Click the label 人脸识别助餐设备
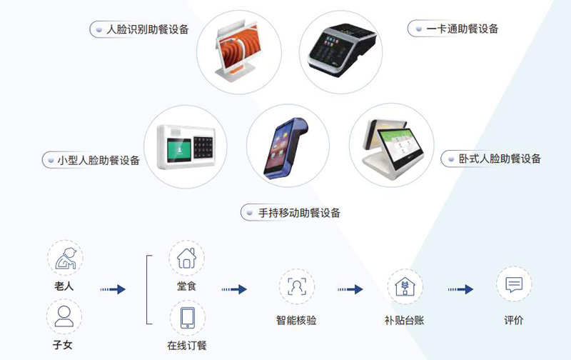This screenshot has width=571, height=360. (x=148, y=29)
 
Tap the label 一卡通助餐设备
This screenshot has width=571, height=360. (x=462, y=29)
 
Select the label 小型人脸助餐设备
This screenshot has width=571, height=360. (x=98, y=160)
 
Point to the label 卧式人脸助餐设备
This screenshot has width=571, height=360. (x=500, y=159)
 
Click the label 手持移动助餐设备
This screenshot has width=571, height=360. (x=299, y=212)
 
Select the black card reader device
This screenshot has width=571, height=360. (x=342, y=49)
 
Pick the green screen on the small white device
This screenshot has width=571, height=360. (x=179, y=149)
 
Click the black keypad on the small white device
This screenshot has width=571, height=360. (x=203, y=149)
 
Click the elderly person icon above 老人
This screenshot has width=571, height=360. (x=66, y=259)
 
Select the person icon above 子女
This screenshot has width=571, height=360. (x=64, y=316)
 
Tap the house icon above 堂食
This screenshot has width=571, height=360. (x=186, y=258)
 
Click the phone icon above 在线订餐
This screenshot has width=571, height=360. (x=188, y=318)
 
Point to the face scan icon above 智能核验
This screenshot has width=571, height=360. (x=297, y=286)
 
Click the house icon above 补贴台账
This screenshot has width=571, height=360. (x=405, y=286)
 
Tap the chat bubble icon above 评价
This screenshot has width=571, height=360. (x=514, y=284)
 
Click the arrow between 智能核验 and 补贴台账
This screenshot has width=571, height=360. (x=350, y=289)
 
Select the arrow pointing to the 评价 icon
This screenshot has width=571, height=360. (x=460, y=289)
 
